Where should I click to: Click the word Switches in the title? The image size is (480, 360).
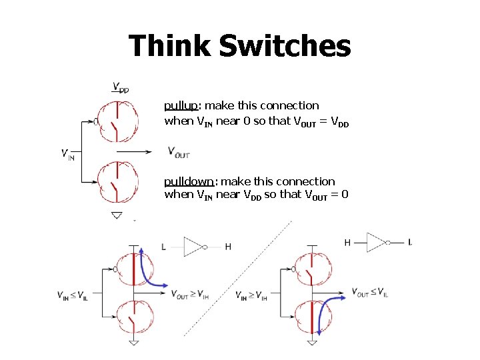pos(285,47)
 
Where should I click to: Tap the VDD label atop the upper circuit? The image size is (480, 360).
pos(121,87)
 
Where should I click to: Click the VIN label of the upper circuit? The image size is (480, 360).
pos(67,155)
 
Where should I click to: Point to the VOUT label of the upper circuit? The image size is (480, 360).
pos(179,153)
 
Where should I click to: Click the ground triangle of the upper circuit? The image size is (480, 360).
pos(117,215)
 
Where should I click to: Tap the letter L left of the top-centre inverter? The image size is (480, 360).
pos(164,247)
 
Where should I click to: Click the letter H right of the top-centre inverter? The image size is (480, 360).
pos(228,247)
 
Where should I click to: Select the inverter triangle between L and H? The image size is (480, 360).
pos(193,247)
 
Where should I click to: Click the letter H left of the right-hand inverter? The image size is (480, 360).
pos(347,242)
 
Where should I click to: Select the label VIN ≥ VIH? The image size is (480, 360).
pos(251,295)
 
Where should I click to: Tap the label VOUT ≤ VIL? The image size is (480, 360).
pos(370,292)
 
